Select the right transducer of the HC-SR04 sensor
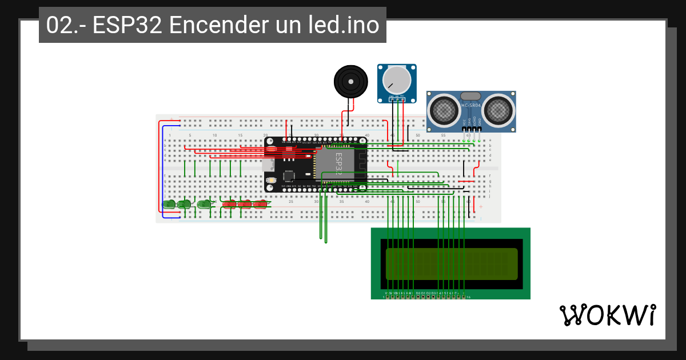click(x=497, y=108)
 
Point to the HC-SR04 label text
click(x=471, y=106)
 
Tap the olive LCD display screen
click(x=452, y=264)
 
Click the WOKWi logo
click(x=607, y=315)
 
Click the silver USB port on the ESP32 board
click(x=268, y=164)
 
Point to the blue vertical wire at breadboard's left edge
click(x=162, y=171)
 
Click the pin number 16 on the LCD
click(x=469, y=297)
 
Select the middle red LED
click(x=245, y=204)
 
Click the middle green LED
click(x=185, y=204)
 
